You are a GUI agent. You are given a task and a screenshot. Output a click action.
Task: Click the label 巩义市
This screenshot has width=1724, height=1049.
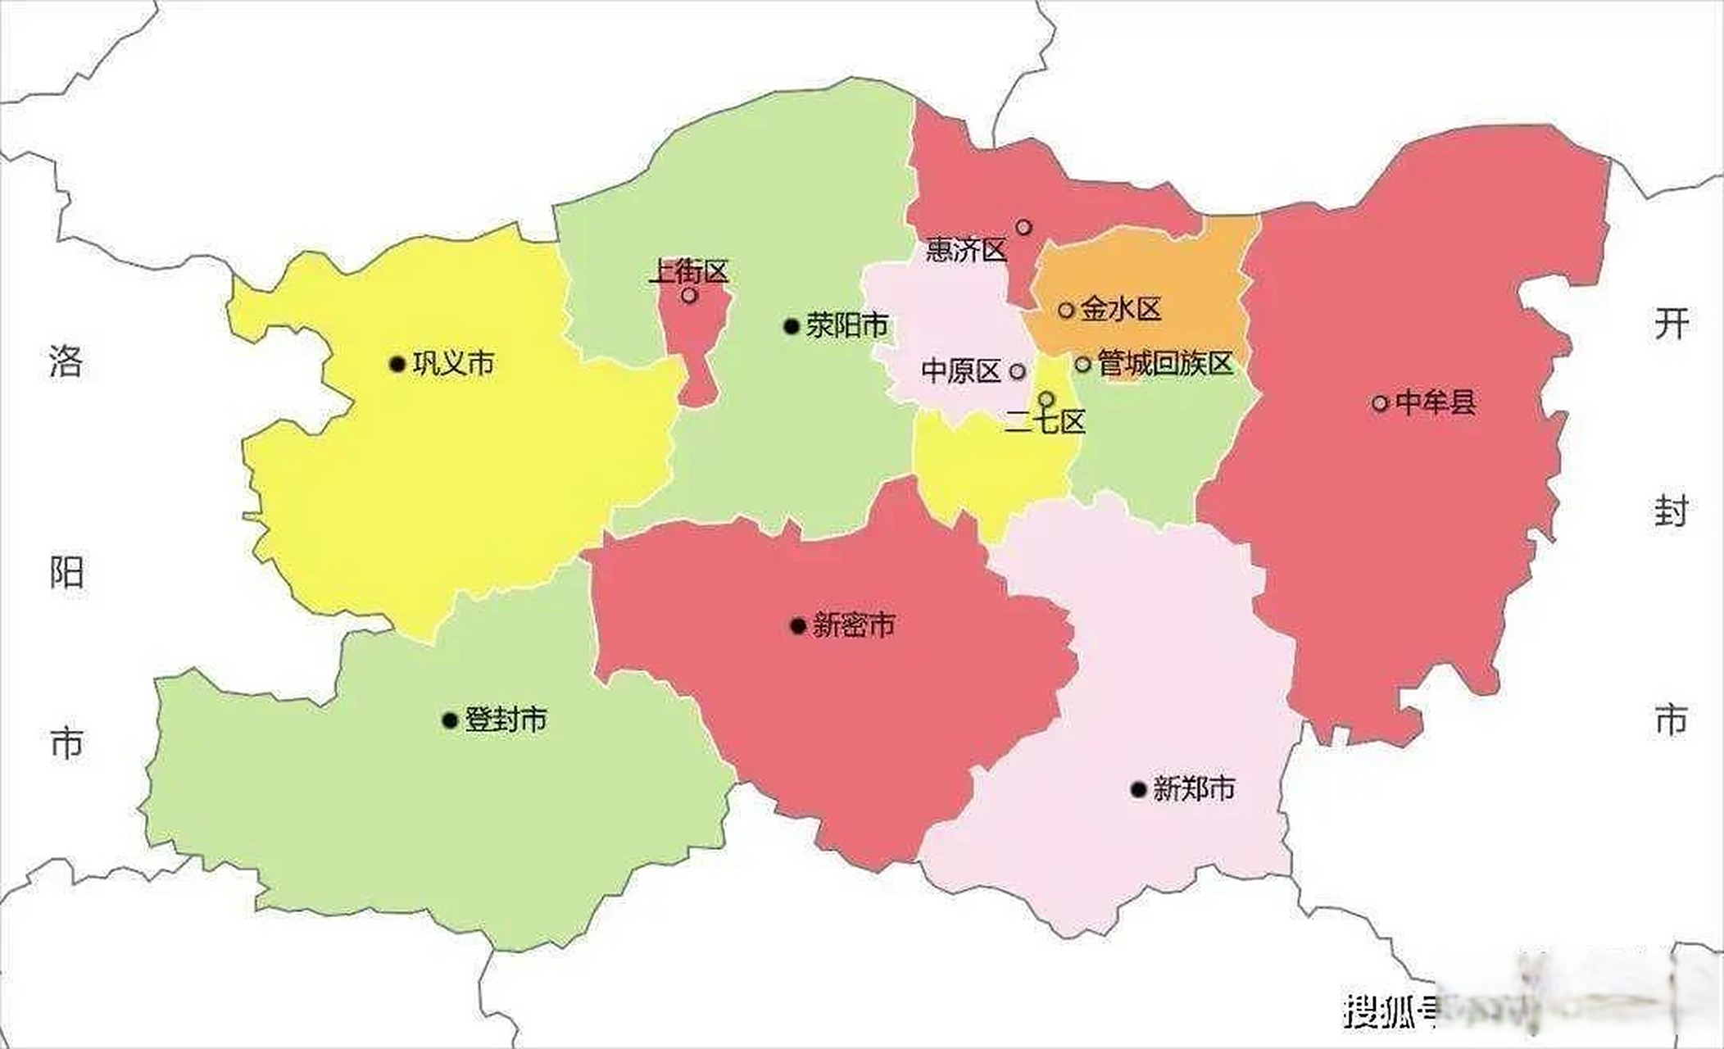coord(453,363)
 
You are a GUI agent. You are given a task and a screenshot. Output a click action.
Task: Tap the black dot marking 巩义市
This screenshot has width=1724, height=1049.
coord(397,364)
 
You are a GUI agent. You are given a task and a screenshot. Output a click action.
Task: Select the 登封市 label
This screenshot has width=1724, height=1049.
coord(506,720)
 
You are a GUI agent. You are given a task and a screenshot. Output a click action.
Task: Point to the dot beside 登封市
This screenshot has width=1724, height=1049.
coord(450,720)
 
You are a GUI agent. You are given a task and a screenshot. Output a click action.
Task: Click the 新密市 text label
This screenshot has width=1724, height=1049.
coord(853,625)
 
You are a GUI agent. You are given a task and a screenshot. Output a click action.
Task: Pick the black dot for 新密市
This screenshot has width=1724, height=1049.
coord(798,626)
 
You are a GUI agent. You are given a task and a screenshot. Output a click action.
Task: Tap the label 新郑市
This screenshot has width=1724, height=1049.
coord(1193,788)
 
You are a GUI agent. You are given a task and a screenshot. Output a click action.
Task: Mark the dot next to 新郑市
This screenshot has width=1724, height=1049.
coord(1138,789)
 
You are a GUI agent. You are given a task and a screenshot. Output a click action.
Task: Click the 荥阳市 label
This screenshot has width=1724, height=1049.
coord(846,325)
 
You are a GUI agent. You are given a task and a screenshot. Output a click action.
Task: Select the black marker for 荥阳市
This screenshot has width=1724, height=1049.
coord(792,327)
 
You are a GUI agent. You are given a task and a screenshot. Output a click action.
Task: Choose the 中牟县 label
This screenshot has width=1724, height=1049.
coord(1435,402)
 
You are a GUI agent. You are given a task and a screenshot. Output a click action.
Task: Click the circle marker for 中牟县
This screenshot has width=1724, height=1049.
coord(1380,403)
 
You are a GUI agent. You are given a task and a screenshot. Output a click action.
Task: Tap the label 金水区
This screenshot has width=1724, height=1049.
coord(1121,309)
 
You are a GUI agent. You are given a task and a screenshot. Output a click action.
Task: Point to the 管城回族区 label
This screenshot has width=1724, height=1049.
coord(1164,363)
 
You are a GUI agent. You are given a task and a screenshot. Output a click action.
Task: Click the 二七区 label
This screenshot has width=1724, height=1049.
coord(1045,422)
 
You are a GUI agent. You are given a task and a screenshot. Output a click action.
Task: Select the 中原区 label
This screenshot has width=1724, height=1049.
coord(961,371)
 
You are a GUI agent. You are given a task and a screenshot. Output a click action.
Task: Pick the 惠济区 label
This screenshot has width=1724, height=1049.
coord(966,250)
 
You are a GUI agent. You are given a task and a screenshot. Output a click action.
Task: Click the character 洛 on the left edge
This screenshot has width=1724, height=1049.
coord(66,361)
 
